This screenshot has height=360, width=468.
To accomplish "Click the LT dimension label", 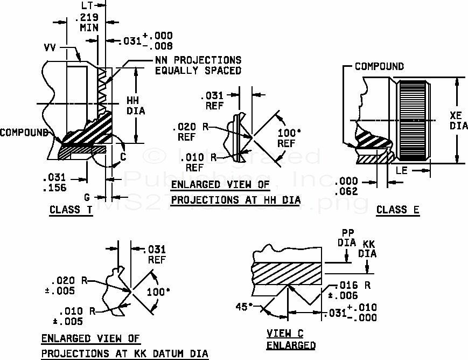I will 88,4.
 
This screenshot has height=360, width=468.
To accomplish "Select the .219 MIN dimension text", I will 88,21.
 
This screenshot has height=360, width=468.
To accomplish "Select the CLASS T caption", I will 71,210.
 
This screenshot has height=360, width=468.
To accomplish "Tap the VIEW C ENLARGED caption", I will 291,340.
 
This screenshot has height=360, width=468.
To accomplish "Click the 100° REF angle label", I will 287,138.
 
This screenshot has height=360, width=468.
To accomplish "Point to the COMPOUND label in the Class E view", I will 379,66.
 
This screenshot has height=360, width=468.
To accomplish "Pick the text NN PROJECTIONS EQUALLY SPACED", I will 198,65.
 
